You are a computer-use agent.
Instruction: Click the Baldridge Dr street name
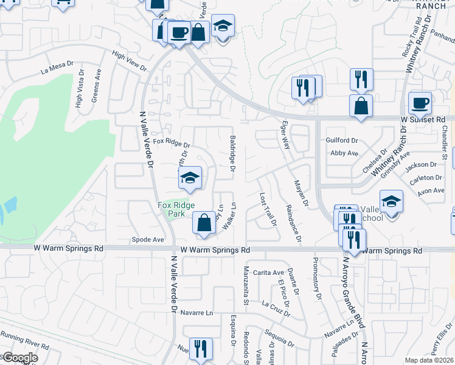pyautogui.click(x=232, y=153)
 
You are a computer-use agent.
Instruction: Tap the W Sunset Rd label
pyautogui.click(x=423, y=120)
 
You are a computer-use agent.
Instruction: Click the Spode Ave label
pyautogui.click(x=149, y=240)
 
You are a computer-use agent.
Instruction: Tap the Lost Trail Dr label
pyautogui.click(x=268, y=210)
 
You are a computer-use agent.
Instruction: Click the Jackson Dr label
pyautogui.click(x=422, y=164)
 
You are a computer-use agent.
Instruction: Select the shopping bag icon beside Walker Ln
pyautogui.click(x=204, y=223)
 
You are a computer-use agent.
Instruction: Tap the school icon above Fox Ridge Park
pyautogui.click(x=190, y=178)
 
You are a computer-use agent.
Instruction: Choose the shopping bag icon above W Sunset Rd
pyautogui.click(x=361, y=105)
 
